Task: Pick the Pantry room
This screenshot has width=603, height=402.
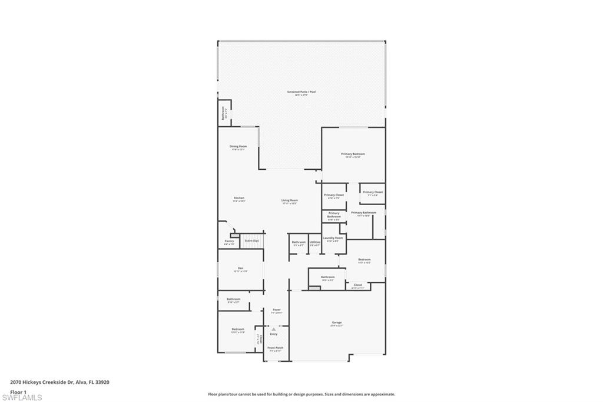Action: point(229,242)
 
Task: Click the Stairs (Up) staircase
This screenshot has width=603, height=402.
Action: point(251,240)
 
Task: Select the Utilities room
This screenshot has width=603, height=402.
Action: point(315,243)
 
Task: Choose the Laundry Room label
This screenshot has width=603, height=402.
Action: point(333,239)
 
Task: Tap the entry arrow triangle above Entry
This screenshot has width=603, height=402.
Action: point(274,329)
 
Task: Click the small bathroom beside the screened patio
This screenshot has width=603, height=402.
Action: point(224,113)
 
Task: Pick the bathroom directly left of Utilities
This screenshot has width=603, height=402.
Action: point(299,243)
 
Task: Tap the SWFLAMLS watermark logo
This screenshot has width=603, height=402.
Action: point(22,397)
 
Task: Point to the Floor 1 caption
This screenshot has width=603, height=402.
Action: point(18,392)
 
